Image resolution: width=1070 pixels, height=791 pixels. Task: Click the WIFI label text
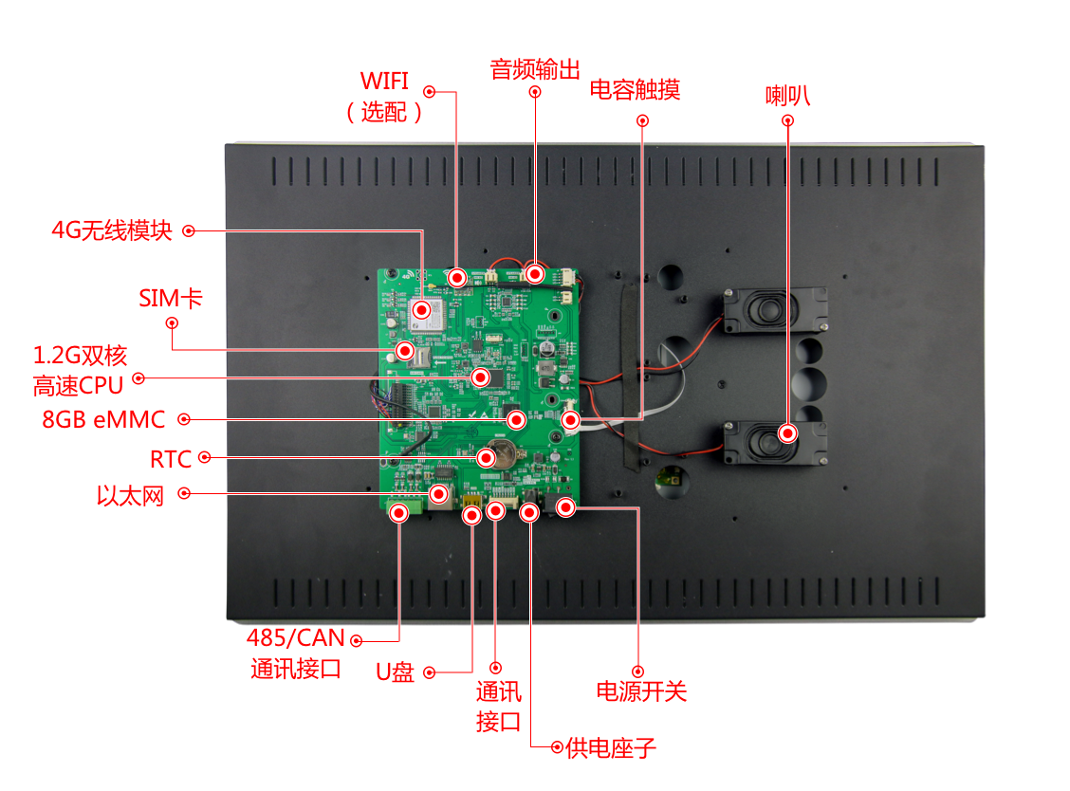click(x=384, y=82)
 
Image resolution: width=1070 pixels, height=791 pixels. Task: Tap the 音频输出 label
click(x=535, y=69)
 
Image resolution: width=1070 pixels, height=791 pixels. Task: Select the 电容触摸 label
click(x=635, y=89)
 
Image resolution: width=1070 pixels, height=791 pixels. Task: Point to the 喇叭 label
click(x=787, y=96)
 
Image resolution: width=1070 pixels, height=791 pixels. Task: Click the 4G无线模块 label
click(x=112, y=230)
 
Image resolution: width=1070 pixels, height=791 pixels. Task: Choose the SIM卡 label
click(x=171, y=298)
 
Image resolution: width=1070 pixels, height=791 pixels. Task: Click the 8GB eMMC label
click(x=103, y=419)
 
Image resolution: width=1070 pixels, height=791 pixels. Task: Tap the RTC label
click(x=171, y=459)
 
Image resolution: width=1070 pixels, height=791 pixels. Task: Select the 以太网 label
click(x=130, y=495)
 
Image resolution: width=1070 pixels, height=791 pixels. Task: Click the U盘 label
click(x=396, y=672)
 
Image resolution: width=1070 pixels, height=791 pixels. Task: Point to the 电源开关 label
click(x=641, y=691)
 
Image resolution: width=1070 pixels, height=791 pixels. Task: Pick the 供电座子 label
click(x=611, y=748)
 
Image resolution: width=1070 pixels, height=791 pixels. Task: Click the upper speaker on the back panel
click(x=775, y=310)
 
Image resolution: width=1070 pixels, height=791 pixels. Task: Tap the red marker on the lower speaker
click(x=787, y=433)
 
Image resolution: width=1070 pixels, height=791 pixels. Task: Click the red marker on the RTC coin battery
click(x=486, y=457)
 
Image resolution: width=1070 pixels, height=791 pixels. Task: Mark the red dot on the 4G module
click(x=422, y=310)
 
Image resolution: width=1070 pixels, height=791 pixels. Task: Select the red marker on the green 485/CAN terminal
click(x=399, y=512)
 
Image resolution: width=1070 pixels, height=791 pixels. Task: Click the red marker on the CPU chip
click(x=480, y=377)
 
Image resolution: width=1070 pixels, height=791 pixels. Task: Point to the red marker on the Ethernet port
click(x=439, y=493)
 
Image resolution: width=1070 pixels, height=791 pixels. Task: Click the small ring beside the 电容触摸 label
click(x=642, y=120)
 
